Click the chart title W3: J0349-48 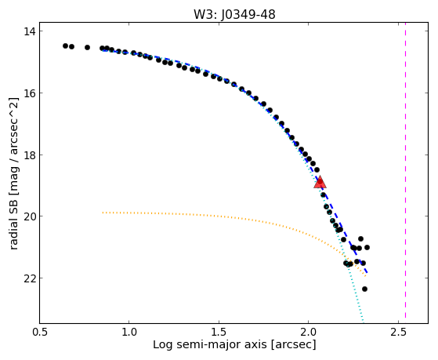pos(234,15)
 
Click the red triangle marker pos(320,183)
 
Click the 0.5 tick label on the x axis pos(40,332)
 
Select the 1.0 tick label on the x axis pos(129,332)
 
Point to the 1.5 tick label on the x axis pos(219,332)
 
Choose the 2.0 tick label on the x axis pos(309,332)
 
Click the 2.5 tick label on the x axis pos(398,332)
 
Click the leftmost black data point pos(65,45)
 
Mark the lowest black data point pos(364,289)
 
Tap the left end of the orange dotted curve pos(103,213)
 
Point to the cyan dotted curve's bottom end pos(363,321)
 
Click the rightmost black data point pos(367,248)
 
